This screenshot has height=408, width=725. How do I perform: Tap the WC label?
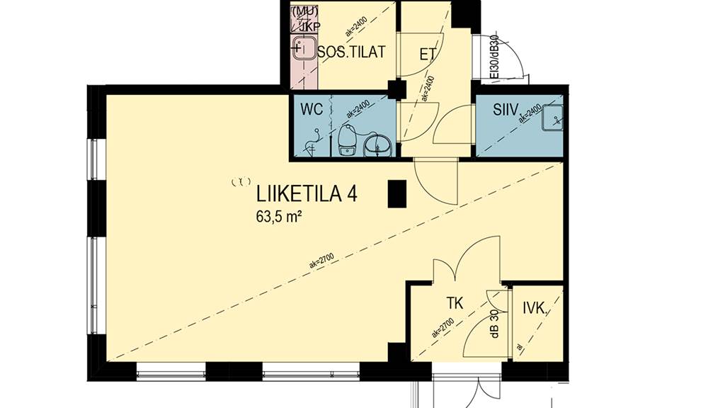pyautogui.click(x=312, y=110)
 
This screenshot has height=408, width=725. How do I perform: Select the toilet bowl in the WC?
pyautogui.click(x=347, y=139)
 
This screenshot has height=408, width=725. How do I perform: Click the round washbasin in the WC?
pyautogui.click(x=376, y=145)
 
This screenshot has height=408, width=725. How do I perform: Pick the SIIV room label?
pyautogui.click(x=507, y=110)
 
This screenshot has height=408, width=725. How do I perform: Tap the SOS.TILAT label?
pyautogui.click(x=351, y=52)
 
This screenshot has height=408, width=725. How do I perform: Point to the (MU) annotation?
pyautogui.click(x=304, y=11)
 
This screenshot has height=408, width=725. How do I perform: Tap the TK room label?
pyautogui.click(x=454, y=304)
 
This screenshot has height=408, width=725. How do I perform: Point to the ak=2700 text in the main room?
pyautogui.click(x=322, y=263)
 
